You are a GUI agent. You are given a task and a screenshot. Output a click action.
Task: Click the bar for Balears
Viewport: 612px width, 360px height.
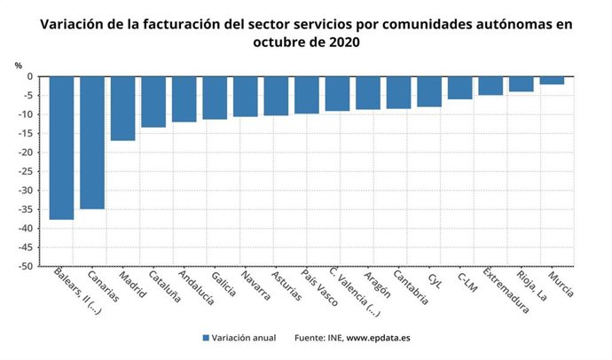[x=61, y=147]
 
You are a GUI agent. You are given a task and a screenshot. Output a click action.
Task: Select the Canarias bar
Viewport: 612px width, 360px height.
[x=92, y=142]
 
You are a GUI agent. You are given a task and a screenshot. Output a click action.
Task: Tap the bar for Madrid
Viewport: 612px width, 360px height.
[x=122, y=108]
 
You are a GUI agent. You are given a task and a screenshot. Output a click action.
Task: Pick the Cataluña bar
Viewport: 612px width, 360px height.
[x=153, y=101]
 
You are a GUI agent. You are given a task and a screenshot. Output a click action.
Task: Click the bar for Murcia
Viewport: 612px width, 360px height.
[x=552, y=81]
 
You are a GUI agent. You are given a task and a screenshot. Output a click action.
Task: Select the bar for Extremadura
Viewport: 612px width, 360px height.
[x=490, y=85]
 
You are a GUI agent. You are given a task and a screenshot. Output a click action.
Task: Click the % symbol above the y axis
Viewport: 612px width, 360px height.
[x=18, y=65]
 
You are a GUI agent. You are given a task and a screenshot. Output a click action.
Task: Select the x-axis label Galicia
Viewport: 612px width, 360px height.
[x=224, y=283]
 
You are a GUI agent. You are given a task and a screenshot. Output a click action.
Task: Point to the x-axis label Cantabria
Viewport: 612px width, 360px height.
[x=410, y=287]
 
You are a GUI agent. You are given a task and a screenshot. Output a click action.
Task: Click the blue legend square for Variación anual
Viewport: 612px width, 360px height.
[x=206, y=338]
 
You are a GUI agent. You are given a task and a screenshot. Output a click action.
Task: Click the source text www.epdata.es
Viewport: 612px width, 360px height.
[x=378, y=338]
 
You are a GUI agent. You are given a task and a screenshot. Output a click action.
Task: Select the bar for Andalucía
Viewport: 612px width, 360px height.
[x=184, y=98]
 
